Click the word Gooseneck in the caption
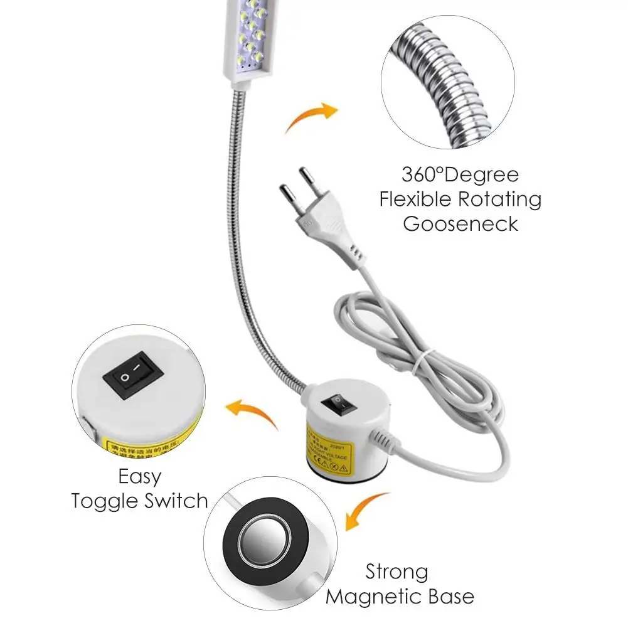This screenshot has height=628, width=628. [x=460, y=224]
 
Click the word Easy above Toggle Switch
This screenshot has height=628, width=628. [x=139, y=476]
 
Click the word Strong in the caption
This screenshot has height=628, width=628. [x=397, y=572]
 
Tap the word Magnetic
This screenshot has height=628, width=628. [x=386, y=596]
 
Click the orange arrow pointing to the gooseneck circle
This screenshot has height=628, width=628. [x=311, y=118]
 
